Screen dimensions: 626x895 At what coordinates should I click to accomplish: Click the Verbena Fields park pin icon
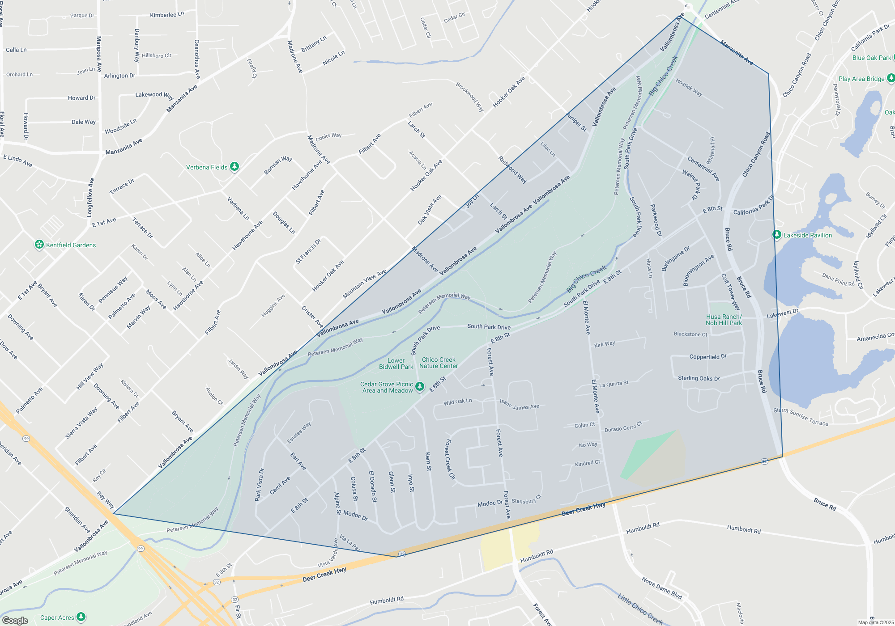click(234, 167)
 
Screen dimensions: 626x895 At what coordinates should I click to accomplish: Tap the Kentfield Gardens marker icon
click(39, 245)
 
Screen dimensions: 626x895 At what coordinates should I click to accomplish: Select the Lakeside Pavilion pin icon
click(777, 235)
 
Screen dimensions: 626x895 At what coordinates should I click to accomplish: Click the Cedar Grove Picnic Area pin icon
click(419, 386)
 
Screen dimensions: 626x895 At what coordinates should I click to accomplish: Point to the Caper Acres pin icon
click(81, 617)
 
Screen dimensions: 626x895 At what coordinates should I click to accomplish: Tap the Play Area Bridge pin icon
click(891, 78)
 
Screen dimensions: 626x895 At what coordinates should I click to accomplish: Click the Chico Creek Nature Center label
click(438, 363)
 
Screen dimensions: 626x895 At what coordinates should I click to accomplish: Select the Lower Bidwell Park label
click(396, 364)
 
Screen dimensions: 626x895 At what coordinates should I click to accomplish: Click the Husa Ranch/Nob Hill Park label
click(724, 320)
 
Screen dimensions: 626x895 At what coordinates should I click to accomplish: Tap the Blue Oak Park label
click(871, 58)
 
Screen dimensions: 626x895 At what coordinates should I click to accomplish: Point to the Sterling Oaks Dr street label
click(699, 378)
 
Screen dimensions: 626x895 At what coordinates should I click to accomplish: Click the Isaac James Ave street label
click(519, 405)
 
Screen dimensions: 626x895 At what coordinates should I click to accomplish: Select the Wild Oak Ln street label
click(457, 402)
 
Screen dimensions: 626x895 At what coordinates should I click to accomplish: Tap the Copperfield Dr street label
click(707, 357)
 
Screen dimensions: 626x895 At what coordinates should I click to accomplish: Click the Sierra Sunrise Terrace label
click(801, 417)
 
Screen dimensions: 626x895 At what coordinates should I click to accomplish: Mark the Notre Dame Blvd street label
click(661, 588)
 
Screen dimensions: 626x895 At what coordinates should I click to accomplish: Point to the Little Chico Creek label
click(640, 609)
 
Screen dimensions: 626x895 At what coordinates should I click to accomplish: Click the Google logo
click(15, 621)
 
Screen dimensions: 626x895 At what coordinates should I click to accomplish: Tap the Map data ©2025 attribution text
click(875, 622)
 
